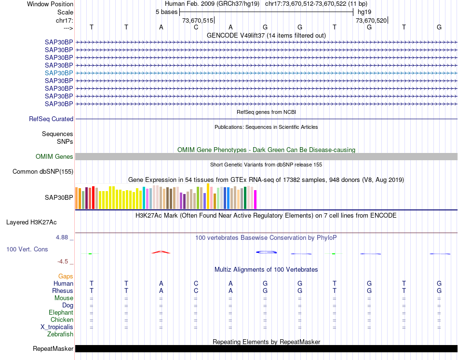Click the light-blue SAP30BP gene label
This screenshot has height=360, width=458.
tap(59, 73)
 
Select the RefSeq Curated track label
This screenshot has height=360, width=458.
tap(51, 119)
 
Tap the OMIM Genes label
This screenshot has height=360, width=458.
tap(54, 157)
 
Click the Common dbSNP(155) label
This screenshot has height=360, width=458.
tap(43, 172)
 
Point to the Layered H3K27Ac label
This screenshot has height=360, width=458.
tap(31, 222)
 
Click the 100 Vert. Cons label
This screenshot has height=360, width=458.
tap(27, 249)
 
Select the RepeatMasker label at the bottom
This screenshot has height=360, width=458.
tap(53, 349)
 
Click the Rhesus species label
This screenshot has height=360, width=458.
tap(63, 291)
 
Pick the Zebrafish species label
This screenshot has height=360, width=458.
tap(60, 334)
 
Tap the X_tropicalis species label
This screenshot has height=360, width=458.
tap(57, 327)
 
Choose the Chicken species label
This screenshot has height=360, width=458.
tap(62, 319)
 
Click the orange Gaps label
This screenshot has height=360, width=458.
tap(66, 276)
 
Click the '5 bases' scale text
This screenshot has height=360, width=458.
tap(166, 12)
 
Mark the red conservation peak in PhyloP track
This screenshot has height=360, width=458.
tap(161, 252)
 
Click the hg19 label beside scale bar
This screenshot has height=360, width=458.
tap(364, 12)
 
